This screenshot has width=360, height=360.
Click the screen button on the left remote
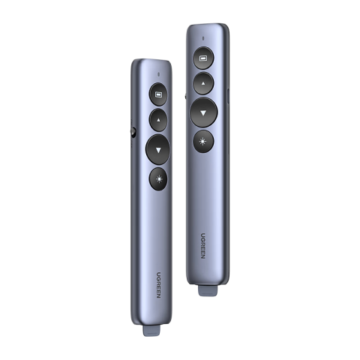(x=158, y=94)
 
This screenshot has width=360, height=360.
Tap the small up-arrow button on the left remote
(x=158, y=120)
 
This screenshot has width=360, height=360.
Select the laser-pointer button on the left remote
(x=158, y=179)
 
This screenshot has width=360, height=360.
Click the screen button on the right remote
(x=203, y=58)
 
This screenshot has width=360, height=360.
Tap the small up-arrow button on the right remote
(x=203, y=83)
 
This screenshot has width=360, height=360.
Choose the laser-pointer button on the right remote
(x=203, y=142)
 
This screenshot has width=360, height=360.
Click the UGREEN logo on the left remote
(x=159, y=285)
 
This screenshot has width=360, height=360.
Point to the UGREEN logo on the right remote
(x=203, y=246)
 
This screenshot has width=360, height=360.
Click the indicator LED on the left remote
(x=159, y=74)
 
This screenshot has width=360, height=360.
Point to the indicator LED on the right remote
(x=203, y=38)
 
